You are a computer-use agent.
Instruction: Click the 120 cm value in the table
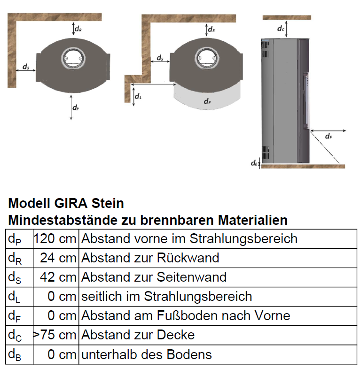pyautogui.click(x=55, y=238)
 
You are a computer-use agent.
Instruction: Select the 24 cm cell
pyautogui.click(x=58, y=258)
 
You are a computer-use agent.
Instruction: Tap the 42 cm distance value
pyautogui.click(x=58, y=277)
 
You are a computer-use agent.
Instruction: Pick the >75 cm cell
pyautogui.click(x=55, y=335)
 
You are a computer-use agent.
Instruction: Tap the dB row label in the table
pyautogui.click(x=15, y=355)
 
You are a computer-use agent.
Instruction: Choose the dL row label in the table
pyautogui.click(x=14, y=297)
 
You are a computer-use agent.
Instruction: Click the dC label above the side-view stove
pyautogui.click(x=281, y=29)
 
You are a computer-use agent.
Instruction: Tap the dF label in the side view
pyautogui.click(x=328, y=137)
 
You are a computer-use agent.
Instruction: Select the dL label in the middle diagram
pyautogui.click(x=138, y=97)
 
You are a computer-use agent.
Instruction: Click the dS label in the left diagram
pyautogui.click(x=25, y=67)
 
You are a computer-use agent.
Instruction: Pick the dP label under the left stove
pyautogui.click(x=75, y=107)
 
